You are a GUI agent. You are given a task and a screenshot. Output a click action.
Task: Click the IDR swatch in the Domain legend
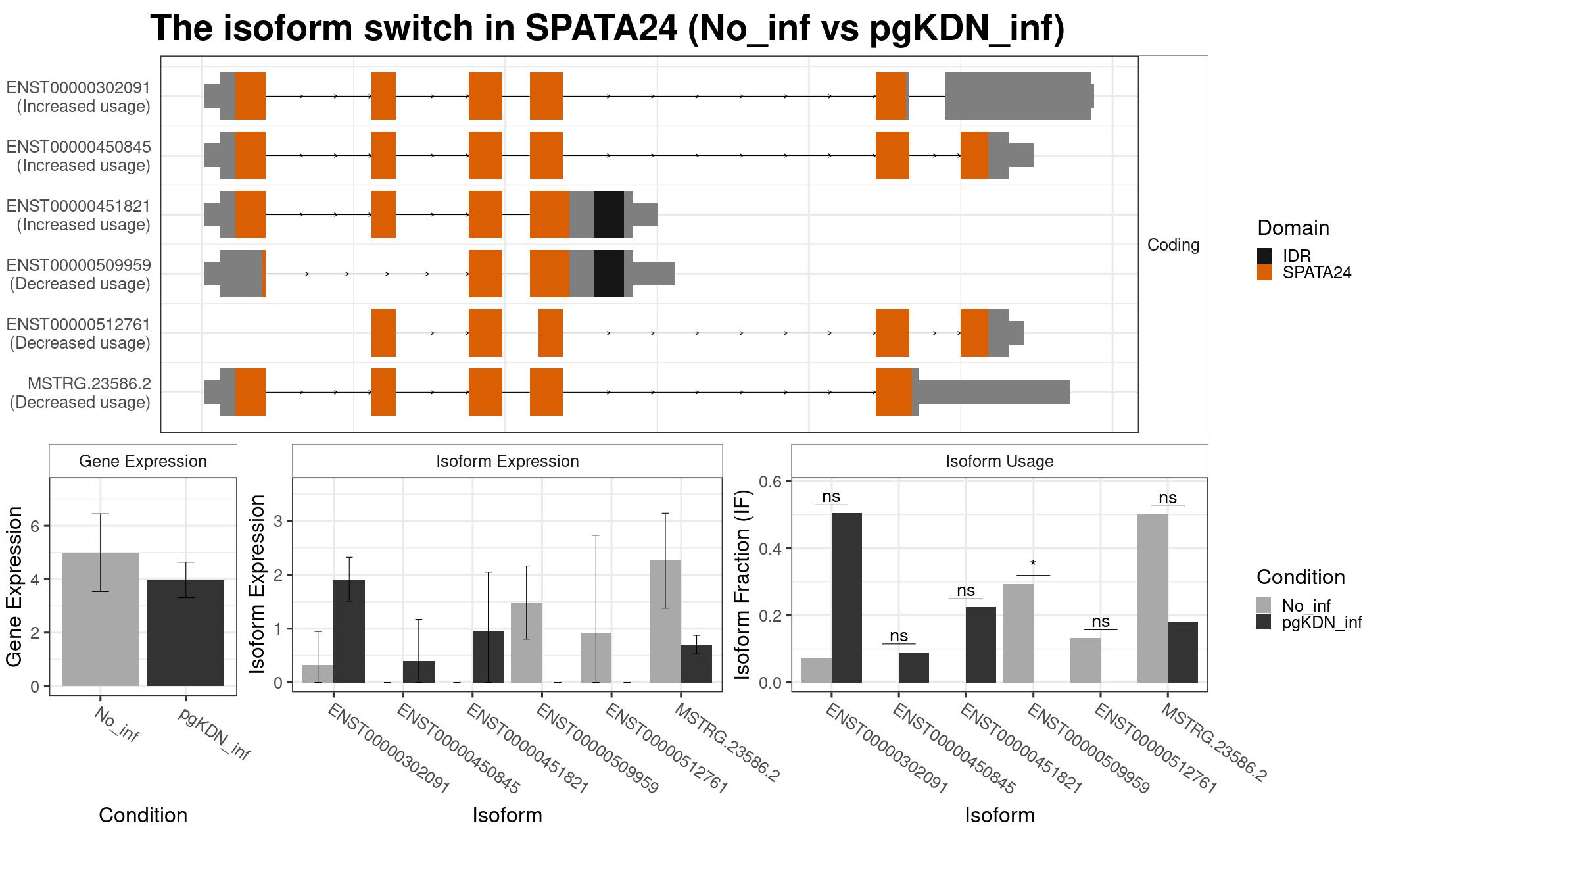tap(1264, 256)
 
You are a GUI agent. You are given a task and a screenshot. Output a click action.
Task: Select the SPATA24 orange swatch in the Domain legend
tap(1264, 272)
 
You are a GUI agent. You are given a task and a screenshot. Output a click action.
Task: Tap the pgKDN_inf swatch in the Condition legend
tap(1264, 622)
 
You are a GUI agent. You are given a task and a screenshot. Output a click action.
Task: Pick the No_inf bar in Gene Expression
tap(100, 619)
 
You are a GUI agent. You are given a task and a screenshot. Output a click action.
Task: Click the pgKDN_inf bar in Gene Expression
tap(185, 633)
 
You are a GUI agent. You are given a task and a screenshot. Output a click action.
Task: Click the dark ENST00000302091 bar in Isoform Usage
tap(847, 598)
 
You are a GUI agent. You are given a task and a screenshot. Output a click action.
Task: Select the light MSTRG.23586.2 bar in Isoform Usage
tap(1153, 599)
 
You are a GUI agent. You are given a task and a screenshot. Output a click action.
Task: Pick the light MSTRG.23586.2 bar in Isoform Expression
tap(665, 622)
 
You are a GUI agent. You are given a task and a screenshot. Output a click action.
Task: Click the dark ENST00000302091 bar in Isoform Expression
tap(349, 631)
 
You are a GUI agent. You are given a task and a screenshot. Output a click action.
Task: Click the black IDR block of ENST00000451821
tap(609, 214)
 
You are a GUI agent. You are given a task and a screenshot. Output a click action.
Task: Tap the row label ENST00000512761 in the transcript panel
tap(80, 324)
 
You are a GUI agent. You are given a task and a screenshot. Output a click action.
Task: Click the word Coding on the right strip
tap(1174, 245)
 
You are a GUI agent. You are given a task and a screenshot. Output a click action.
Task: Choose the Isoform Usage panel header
tap(999, 461)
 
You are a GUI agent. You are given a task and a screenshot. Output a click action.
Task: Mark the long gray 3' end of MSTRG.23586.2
tap(992, 392)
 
